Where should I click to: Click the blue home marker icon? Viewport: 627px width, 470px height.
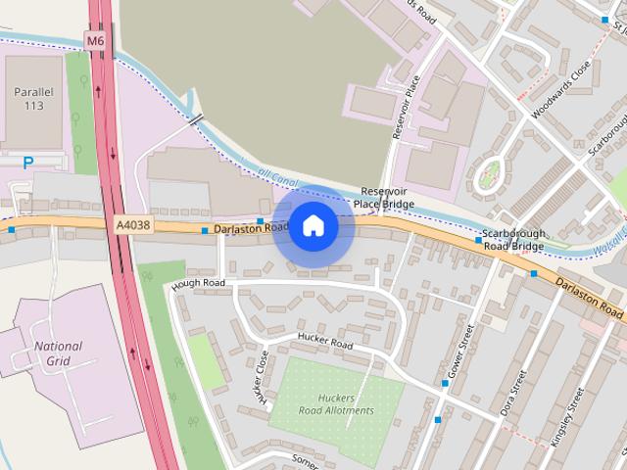[313, 226]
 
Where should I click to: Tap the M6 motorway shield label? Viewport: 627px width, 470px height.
[95, 41]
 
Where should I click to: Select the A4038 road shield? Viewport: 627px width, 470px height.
[133, 226]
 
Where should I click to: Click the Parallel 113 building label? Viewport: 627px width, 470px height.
[32, 98]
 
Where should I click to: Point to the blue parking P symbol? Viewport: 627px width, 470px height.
[27, 163]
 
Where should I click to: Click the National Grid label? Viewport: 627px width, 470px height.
[58, 352]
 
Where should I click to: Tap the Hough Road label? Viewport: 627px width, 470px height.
[198, 283]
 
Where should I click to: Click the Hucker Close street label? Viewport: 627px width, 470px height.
[262, 379]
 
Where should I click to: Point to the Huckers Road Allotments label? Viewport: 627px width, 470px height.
[335, 404]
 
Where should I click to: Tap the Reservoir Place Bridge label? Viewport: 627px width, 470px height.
[384, 197]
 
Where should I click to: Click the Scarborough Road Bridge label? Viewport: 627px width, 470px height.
[513, 241]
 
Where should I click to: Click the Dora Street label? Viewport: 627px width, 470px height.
[513, 393]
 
